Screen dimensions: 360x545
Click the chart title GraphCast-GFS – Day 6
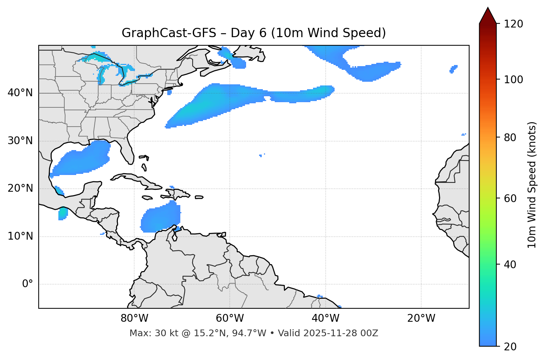point(254,33)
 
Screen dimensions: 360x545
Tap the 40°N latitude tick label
point(20,93)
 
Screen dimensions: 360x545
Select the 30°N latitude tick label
point(20,141)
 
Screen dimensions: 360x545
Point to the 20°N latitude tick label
point(20,188)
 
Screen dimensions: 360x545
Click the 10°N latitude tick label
point(20,236)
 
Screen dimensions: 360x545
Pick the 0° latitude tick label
point(27,284)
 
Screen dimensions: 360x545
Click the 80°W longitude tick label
point(134,318)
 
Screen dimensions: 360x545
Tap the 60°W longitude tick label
point(230,318)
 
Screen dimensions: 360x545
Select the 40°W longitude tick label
point(325,318)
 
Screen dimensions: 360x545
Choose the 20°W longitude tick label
point(421,318)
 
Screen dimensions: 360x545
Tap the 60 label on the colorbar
point(510,198)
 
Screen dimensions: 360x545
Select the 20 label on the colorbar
point(510,347)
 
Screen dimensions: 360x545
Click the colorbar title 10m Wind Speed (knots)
point(532,185)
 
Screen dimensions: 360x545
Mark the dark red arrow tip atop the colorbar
point(488,11)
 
